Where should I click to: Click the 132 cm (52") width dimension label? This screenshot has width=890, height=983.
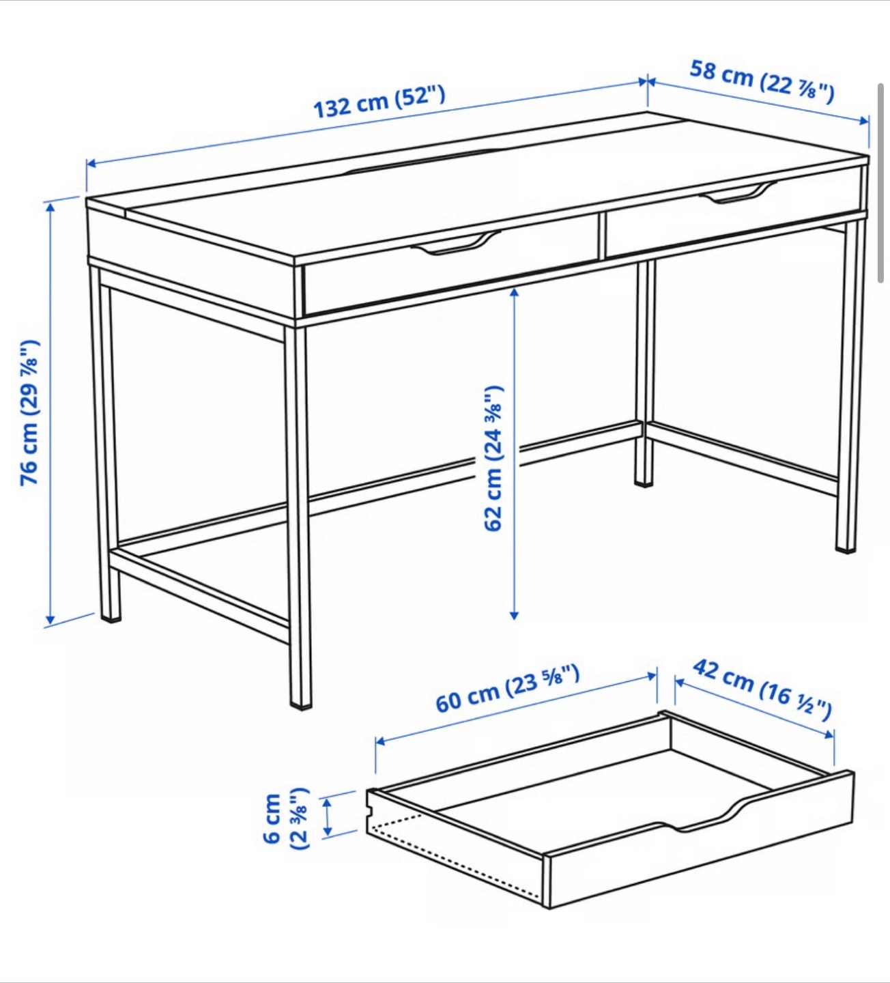pyautogui.click(x=379, y=102)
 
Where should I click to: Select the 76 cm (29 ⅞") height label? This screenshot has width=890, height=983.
pyautogui.click(x=29, y=412)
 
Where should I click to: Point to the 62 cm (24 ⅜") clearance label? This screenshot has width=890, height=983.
pyautogui.click(x=493, y=458)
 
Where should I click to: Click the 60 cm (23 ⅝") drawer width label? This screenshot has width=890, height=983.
pyautogui.click(x=508, y=688)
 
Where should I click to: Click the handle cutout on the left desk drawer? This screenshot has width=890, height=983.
pyautogui.click(x=456, y=243)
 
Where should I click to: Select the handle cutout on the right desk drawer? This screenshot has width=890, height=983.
pyautogui.click(x=738, y=193)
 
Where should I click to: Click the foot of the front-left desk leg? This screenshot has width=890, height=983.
pyautogui.click(x=111, y=618)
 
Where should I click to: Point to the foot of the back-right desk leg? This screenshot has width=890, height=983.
pyautogui.click(x=846, y=550)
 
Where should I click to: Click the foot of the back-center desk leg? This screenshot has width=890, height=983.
pyautogui.click(x=644, y=483)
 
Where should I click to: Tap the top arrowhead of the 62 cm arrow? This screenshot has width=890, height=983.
pyautogui.click(x=514, y=293)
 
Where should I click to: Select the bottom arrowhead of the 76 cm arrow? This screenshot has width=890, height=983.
pyautogui.click(x=50, y=621)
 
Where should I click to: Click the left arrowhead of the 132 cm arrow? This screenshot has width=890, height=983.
pyautogui.click(x=91, y=164)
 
